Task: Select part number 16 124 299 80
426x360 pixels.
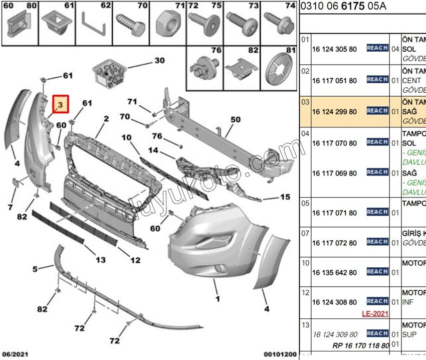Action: [x=334, y=111]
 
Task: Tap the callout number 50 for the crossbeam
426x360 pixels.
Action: [x=235, y=120]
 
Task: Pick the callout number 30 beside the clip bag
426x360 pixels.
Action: [x=159, y=61]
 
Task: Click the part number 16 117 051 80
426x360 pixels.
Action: [x=334, y=80]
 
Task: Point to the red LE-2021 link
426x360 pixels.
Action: [x=374, y=314]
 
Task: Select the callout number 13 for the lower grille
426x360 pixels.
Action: [x=101, y=260]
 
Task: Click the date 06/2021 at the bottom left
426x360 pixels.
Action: [x=14, y=353]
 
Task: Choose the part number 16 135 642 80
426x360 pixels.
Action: [x=334, y=273]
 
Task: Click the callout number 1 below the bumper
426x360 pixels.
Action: [x=217, y=299]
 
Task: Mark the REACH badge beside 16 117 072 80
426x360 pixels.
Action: [x=377, y=242]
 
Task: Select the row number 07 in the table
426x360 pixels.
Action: [x=305, y=233]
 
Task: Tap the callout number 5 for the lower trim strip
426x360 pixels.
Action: [x=35, y=269]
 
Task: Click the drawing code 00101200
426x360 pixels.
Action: [x=280, y=353]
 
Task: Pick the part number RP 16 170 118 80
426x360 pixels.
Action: [x=360, y=345]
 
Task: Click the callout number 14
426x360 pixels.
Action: [x=153, y=150]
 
